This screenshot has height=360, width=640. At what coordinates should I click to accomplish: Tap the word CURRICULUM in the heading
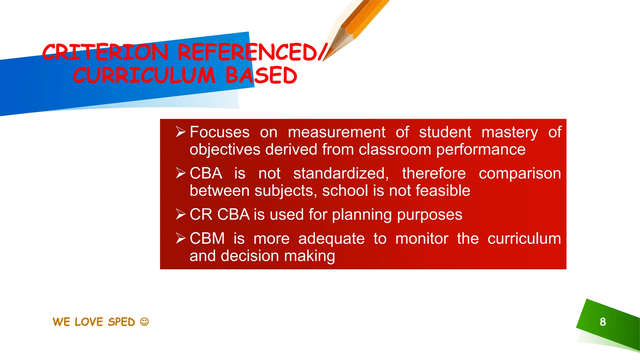[144, 76]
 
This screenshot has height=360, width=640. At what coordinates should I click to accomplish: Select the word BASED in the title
[261, 76]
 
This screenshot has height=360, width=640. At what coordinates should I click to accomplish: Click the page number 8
[603, 322]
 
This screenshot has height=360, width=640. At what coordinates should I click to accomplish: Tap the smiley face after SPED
[144, 322]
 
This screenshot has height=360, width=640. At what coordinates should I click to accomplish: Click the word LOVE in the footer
[89, 322]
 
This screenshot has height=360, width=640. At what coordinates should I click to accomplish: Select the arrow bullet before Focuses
[181, 132]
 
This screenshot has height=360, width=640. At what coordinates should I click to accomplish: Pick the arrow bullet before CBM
[181, 238]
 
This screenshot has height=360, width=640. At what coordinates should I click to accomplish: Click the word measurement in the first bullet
[337, 132]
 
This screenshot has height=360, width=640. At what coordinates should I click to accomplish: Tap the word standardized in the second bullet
[341, 173]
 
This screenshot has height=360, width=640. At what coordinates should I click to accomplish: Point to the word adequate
[331, 239]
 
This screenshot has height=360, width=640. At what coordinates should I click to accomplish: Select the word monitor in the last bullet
[422, 239]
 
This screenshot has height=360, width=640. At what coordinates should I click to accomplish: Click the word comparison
[520, 174]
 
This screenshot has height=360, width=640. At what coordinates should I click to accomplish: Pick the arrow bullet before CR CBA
[181, 214]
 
